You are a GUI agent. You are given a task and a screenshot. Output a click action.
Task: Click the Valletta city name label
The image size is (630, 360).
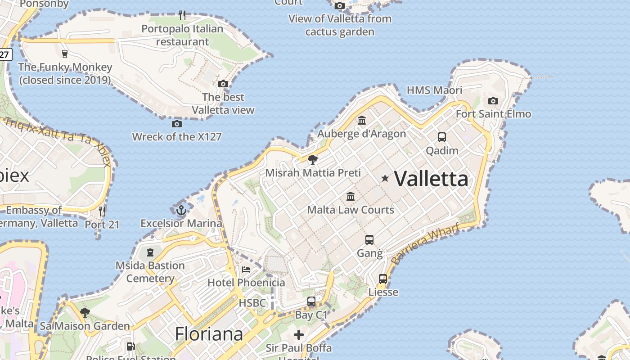tap(431, 179)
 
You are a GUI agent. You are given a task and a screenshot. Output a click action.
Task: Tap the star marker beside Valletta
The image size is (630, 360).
tap(385, 178)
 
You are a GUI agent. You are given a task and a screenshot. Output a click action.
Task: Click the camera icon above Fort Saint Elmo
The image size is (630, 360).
tap(493, 101)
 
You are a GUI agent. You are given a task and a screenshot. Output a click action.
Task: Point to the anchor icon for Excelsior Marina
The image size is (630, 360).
tap(181, 210)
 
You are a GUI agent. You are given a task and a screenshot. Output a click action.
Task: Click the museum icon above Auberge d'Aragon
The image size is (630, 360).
tap(362, 120)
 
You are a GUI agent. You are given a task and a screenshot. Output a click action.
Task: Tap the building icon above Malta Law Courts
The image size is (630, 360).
tap(351, 196)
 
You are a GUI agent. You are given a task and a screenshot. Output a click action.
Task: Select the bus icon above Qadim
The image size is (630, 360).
tap(442, 137)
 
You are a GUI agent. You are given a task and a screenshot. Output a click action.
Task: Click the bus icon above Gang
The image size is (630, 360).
tap(369, 240)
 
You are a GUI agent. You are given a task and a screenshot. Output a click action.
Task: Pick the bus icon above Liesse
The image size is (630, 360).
tap(383, 279)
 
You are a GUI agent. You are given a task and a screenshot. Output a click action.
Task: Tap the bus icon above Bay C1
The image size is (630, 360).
tap(311, 301)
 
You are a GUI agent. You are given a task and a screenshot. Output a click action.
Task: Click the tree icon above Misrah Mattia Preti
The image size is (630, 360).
tap(312, 159)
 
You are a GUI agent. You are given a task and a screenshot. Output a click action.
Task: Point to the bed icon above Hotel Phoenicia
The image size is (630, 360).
tap(246, 269)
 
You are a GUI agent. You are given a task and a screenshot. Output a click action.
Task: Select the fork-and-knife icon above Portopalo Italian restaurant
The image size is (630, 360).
tap(182, 15)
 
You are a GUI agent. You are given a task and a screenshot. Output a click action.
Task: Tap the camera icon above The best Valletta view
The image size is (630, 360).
tap(223, 84)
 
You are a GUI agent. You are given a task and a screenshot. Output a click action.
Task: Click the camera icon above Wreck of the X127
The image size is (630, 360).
tap(177, 124)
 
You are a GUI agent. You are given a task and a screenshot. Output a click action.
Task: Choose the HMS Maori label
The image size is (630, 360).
tap(434, 90)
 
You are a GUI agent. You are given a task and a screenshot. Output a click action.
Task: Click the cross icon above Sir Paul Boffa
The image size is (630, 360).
tap(299, 335)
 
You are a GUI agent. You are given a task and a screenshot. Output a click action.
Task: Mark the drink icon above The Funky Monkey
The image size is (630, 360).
tap(65, 54)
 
